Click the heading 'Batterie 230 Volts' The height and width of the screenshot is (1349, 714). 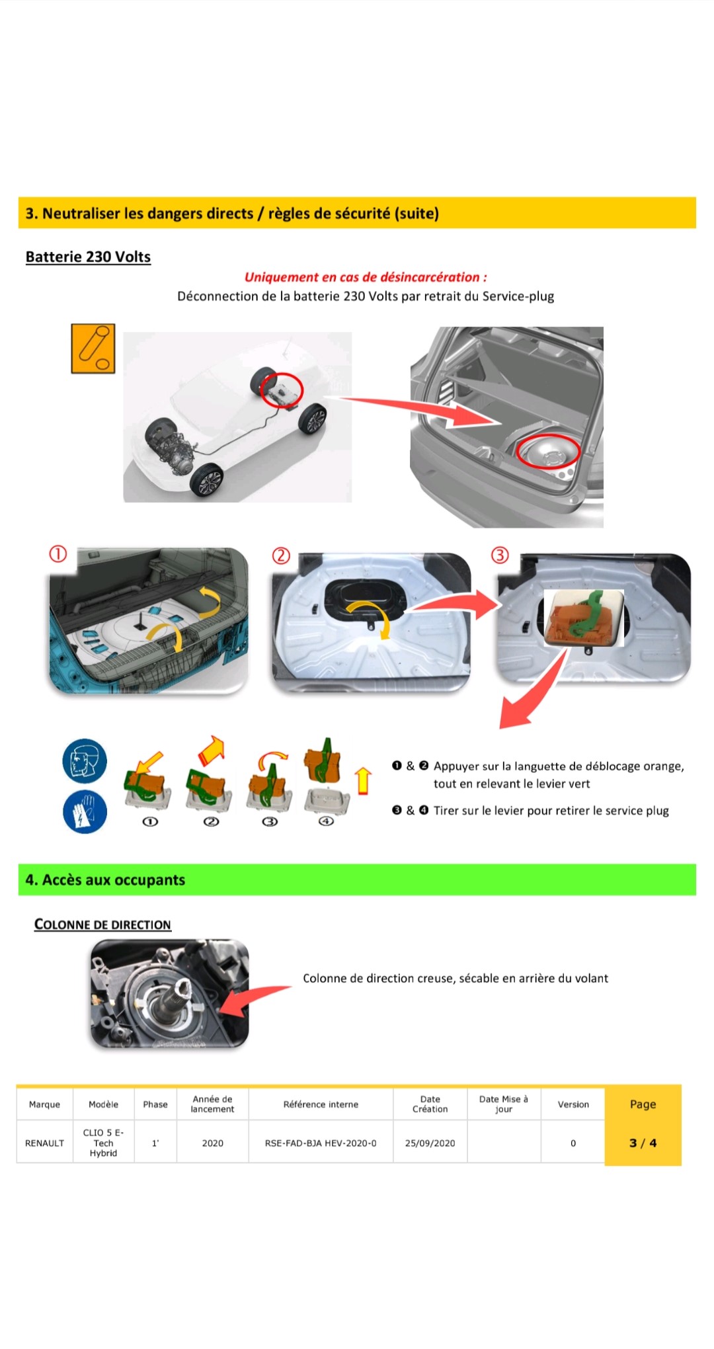88,257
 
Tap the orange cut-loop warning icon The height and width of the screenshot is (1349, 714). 93,348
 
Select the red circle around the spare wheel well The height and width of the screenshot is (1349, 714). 548,451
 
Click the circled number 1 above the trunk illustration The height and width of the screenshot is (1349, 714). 58,553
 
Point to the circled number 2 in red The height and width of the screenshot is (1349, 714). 282,555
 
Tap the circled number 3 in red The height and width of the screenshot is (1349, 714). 500,555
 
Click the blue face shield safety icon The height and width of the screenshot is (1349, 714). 85,760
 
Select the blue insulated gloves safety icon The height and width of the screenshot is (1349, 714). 85,811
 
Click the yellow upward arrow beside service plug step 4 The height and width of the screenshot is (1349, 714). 363,780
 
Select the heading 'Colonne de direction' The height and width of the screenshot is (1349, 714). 102,924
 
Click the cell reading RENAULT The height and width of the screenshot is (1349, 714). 44,1143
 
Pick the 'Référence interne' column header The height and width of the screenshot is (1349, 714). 321,1104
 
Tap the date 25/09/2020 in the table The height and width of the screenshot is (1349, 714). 430,1143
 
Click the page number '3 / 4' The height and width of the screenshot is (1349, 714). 643,1143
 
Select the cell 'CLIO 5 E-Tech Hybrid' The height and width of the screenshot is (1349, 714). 104,1143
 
